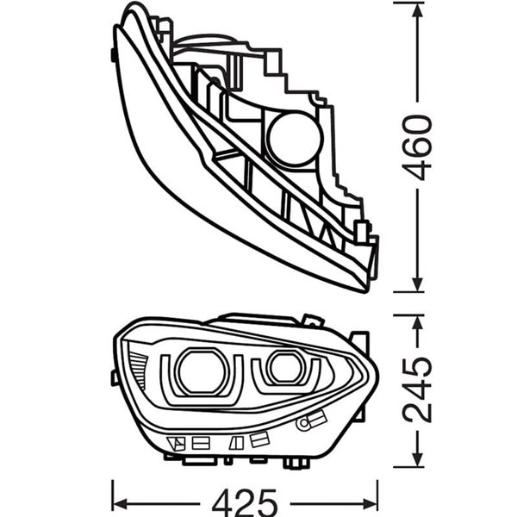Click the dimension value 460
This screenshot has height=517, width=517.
tap(418, 146)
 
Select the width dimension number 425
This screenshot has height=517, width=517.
tap(246, 501)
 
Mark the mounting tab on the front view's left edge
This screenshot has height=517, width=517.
tap(115, 377)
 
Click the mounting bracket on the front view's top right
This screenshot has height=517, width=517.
tap(312, 321)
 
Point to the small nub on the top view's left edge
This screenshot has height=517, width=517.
tap(114, 54)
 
